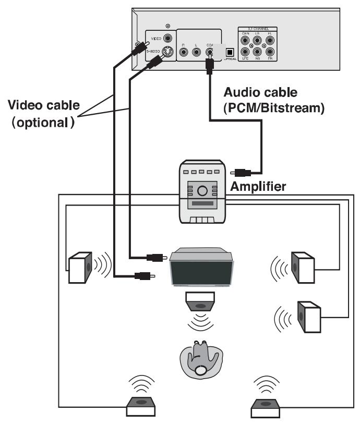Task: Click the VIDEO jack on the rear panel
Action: coord(168,38)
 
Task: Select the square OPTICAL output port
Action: coord(229,51)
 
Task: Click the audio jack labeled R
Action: coord(183,52)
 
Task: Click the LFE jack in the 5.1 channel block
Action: coord(245,52)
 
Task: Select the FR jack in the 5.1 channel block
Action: coord(269,52)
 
